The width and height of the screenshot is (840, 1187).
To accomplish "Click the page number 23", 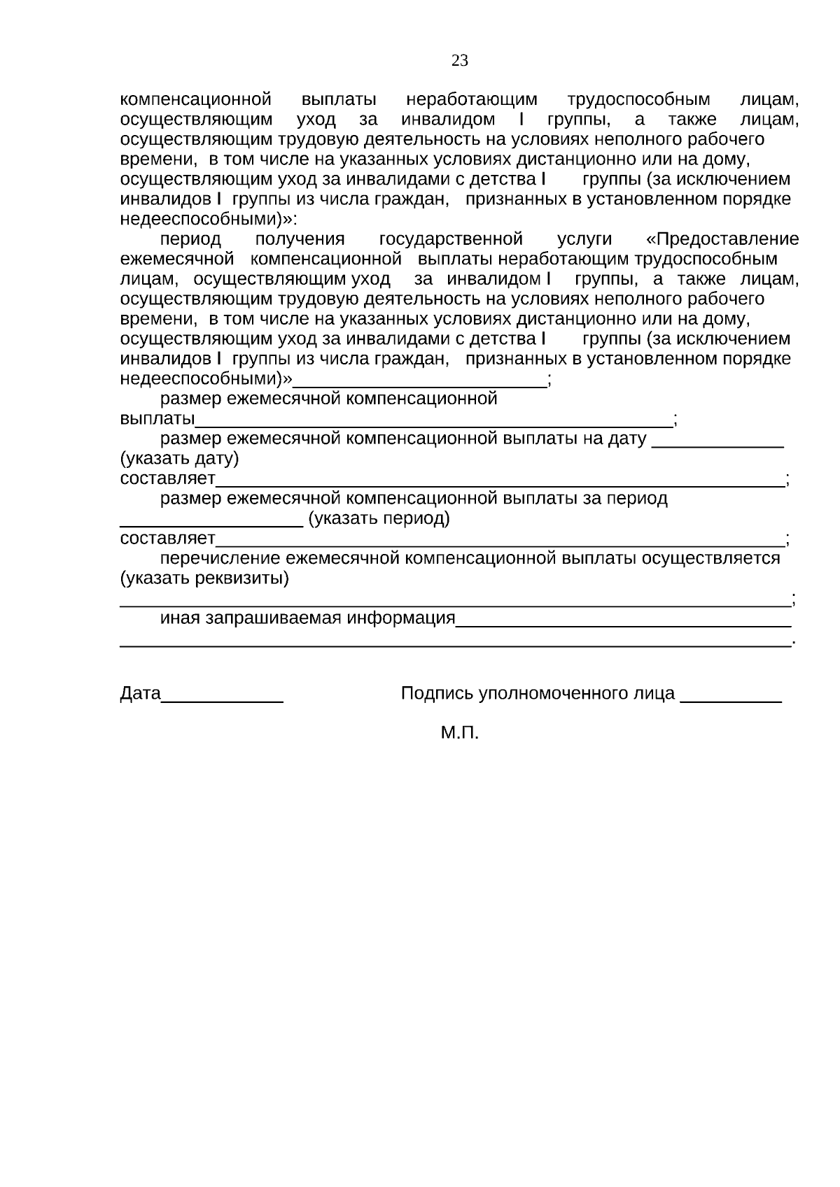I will tap(460, 61).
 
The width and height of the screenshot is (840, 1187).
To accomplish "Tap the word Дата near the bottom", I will tap(141, 693).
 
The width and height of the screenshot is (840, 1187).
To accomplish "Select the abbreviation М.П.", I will tap(460, 733).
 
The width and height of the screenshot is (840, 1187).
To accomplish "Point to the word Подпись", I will tap(437, 694).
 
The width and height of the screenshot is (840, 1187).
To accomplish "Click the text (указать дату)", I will tap(179, 460).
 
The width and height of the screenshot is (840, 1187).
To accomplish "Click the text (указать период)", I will tap(379, 519).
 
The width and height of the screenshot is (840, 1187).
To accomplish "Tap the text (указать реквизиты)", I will tap(205, 579).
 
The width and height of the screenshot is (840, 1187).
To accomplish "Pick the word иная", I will tap(180, 619).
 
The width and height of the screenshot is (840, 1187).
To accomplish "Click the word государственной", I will tap(451, 240).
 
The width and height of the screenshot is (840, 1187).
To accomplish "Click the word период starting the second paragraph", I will tap(190, 240).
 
